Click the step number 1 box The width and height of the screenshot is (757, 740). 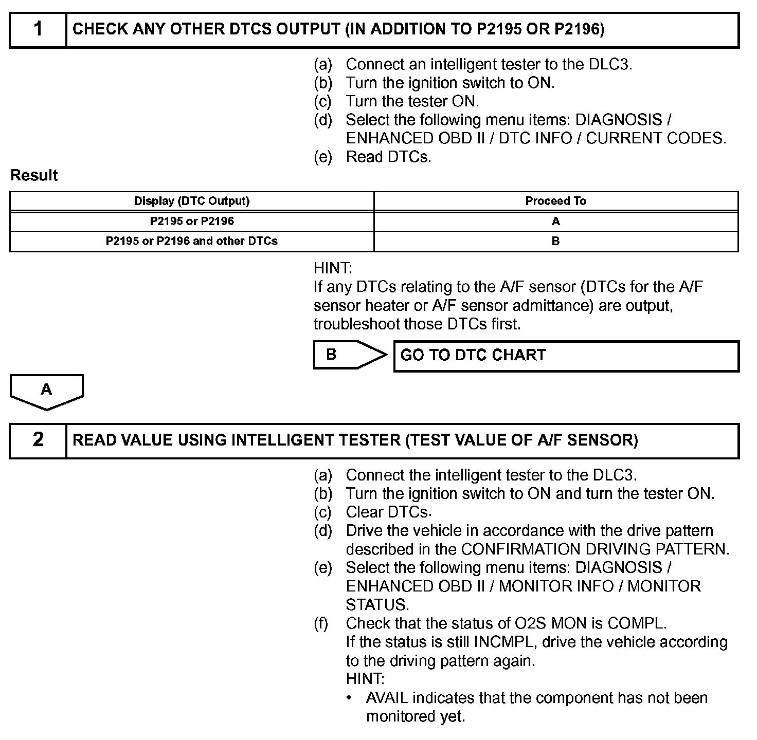pyautogui.click(x=38, y=30)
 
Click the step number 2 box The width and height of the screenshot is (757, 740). pyautogui.click(x=38, y=440)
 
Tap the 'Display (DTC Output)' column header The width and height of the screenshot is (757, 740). pyautogui.click(x=192, y=201)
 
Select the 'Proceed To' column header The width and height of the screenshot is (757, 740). pyautogui.click(x=555, y=201)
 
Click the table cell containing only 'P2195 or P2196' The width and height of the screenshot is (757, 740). pyautogui.click(x=192, y=221)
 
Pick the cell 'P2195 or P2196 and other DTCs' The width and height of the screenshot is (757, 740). pyautogui.click(x=192, y=241)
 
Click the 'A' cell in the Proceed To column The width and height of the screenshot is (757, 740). pyautogui.click(x=555, y=221)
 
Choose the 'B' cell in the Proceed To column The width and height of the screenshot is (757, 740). pyautogui.click(x=555, y=241)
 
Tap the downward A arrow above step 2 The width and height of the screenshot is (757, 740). pyautogui.click(x=46, y=392)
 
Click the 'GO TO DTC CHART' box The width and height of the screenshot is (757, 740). pyautogui.click(x=566, y=356)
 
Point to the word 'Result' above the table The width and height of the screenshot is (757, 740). pyautogui.click(x=34, y=175)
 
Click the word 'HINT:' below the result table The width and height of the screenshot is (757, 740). pyautogui.click(x=333, y=268)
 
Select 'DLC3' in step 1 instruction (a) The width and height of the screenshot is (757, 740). pyautogui.click(x=611, y=64)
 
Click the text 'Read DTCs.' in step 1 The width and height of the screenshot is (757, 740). pyautogui.click(x=388, y=157)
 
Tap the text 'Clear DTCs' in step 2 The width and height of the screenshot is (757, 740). pyautogui.click(x=387, y=512)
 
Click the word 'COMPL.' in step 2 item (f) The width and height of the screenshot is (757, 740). pyautogui.click(x=637, y=623)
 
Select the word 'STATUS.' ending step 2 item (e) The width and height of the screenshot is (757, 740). pyautogui.click(x=377, y=605)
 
